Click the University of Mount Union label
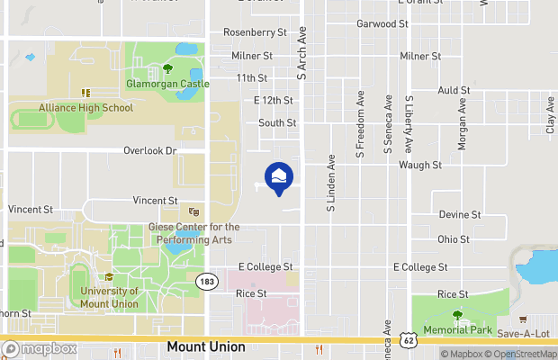click(x=109, y=297)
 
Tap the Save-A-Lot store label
click(x=523, y=333)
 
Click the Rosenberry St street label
click(x=254, y=31)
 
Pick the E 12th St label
click(x=274, y=100)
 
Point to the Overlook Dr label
click(x=149, y=150)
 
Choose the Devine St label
click(x=460, y=215)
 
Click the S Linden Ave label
click(x=331, y=184)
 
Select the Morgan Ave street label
click(x=462, y=124)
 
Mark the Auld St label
click(x=454, y=91)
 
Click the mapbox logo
click(x=40, y=348)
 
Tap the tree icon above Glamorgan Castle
click(x=168, y=68)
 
